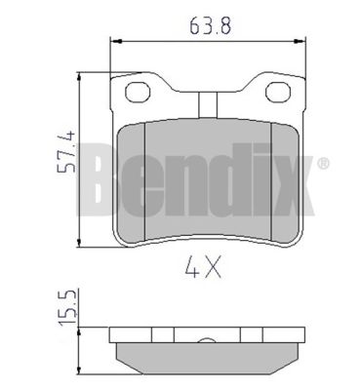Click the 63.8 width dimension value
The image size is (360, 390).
click(x=211, y=25)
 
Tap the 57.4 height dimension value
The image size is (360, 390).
click(x=66, y=151)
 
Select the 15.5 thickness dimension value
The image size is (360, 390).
click(x=66, y=307)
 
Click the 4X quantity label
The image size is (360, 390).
click(x=203, y=266)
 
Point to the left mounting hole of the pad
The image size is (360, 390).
click(x=139, y=92)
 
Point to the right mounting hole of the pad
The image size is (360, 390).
click(x=278, y=92)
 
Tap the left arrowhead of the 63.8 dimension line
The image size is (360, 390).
click(x=116, y=41)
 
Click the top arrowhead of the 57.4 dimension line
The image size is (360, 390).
click(x=79, y=77)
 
